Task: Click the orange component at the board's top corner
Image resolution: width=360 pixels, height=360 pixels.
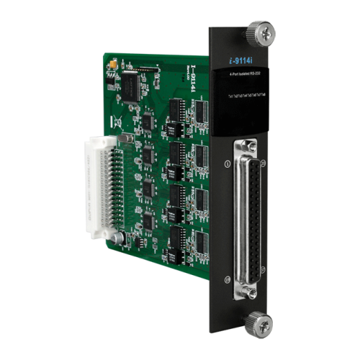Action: tap(113, 65)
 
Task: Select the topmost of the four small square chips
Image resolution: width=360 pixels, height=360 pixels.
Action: tap(147, 122)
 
